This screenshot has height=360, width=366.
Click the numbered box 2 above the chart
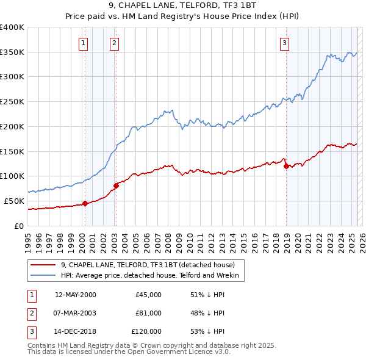point(115,43)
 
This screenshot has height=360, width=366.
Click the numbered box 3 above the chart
point(285,43)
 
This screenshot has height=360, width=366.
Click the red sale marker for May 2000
point(85,204)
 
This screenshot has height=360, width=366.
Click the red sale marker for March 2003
point(116,185)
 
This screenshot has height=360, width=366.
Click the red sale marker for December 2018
point(286,166)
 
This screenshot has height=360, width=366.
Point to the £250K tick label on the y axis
point(12,101)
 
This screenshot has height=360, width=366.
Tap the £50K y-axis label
point(14,201)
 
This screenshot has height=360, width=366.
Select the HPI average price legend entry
point(152,276)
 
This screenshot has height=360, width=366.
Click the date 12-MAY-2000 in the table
point(76,295)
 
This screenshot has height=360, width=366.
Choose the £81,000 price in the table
point(148,313)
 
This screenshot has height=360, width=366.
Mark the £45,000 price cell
point(148,295)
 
